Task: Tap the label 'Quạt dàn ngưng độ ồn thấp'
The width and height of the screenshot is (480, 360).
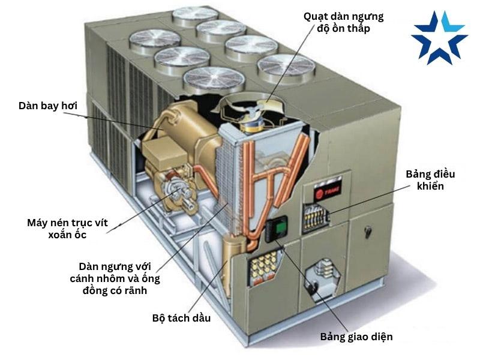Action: coord(343,22)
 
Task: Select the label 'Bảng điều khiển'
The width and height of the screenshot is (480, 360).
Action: coord(430,180)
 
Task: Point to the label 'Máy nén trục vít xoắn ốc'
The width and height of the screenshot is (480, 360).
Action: coord(68,229)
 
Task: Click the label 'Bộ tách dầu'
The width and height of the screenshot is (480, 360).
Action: coord(181,318)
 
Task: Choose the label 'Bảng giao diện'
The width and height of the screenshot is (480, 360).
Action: coord(356,337)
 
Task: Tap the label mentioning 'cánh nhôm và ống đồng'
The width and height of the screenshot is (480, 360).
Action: coord(120,278)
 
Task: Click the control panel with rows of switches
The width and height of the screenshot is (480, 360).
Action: coord(317,218)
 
